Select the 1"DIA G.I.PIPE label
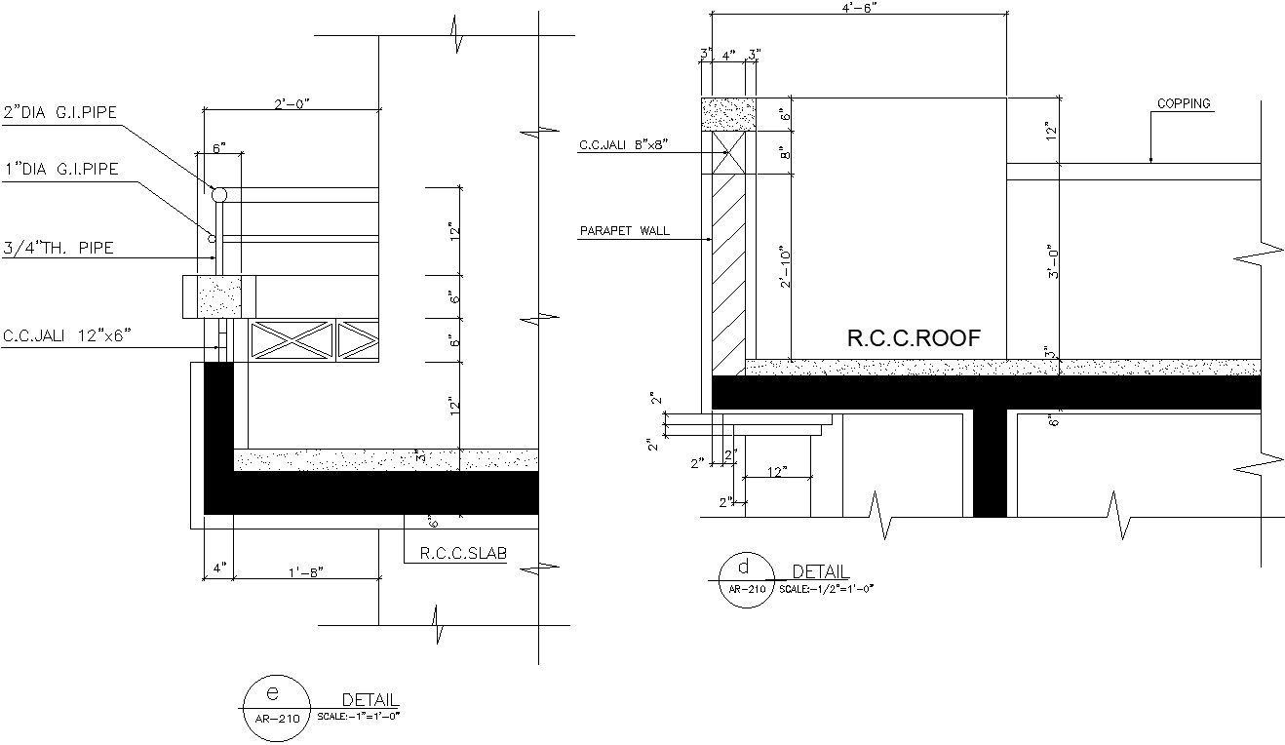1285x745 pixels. (60, 169)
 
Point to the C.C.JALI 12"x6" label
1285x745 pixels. (66, 336)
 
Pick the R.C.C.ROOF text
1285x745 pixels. (913, 338)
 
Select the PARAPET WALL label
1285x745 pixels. (624, 231)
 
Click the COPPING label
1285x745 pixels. (1184, 103)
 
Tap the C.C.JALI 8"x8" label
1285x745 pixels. (624, 145)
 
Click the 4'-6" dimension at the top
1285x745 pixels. (859, 7)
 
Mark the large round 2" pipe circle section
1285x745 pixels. (219, 195)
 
